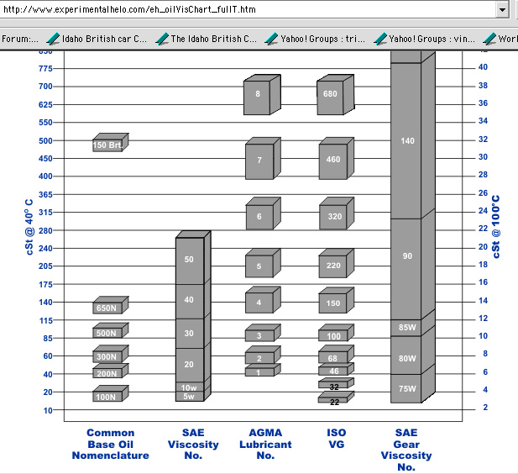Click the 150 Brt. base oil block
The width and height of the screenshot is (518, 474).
(109, 145)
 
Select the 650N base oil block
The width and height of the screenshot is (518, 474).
(106, 308)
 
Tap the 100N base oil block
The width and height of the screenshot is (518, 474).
(106, 397)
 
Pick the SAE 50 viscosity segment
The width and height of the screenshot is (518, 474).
(189, 260)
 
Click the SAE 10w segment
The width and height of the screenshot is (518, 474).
(189, 387)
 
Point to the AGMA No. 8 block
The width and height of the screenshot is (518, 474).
(259, 95)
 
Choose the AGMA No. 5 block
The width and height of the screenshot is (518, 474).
(259, 267)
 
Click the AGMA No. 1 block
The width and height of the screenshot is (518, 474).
(259, 371)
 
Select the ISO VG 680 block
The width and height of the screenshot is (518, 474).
(330, 95)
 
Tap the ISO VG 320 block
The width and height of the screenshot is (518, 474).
(330, 217)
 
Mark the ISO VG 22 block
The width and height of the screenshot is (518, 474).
(333, 402)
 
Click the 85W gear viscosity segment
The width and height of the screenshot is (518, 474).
(407, 328)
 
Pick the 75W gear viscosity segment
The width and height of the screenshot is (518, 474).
(407, 388)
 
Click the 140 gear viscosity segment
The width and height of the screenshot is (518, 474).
(407, 141)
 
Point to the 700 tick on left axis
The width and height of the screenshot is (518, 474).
(44, 87)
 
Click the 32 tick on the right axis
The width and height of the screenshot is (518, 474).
(484, 140)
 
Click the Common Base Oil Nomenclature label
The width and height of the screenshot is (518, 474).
(118, 445)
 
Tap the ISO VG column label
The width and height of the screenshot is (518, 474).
(335, 439)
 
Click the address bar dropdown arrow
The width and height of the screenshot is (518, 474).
(502, 10)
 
